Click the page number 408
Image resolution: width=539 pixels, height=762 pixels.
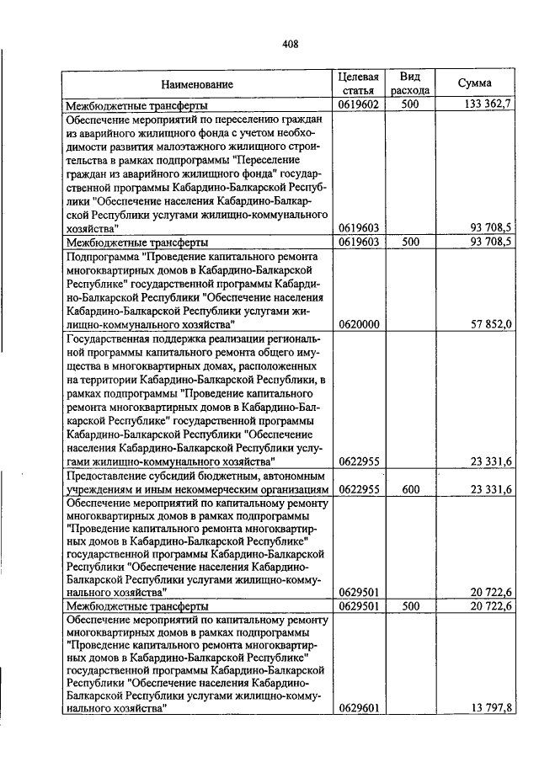coord(290,44)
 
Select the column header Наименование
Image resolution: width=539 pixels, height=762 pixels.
coord(198,84)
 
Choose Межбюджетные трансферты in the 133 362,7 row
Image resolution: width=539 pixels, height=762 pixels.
coord(137,106)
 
